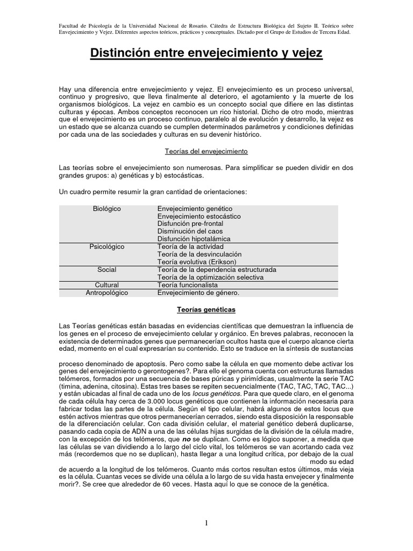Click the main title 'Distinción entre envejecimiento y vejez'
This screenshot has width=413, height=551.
[206, 54]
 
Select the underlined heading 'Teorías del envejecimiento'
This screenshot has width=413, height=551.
[206, 152]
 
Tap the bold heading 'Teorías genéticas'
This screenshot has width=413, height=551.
[206, 310]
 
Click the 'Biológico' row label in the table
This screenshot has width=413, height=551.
[106, 208]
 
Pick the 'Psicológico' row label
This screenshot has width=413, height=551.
[106, 246]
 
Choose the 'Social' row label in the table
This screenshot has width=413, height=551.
[106, 270]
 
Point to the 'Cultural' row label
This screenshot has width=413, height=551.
[106, 285]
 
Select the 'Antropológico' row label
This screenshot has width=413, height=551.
[106, 293]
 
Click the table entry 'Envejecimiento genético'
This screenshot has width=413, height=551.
[195, 208]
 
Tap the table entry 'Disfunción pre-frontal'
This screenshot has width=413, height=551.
[190, 223]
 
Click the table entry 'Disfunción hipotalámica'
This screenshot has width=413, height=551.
[194, 239]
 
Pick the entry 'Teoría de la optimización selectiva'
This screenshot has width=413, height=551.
[210, 277]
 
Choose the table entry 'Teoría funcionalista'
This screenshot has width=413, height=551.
[188, 285]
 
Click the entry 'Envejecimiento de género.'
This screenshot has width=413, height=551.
[198, 293]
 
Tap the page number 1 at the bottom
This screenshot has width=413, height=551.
[206, 524]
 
